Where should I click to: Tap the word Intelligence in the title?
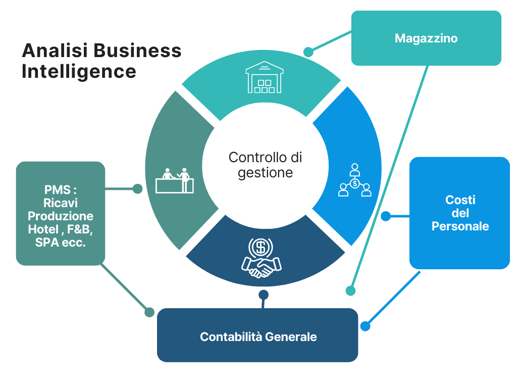[x=79, y=71]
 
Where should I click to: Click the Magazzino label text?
[x=426, y=38]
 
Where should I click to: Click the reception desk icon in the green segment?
[x=175, y=180]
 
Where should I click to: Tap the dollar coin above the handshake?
[x=261, y=248]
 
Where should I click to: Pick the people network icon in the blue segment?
[x=355, y=180]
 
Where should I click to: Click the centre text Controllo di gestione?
[x=265, y=165]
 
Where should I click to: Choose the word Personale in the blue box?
[x=460, y=226]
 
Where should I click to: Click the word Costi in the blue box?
[x=460, y=200]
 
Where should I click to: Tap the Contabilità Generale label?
[x=258, y=337]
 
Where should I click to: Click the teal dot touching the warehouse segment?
[x=308, y=52]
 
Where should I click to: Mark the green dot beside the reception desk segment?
[x=137, y=189]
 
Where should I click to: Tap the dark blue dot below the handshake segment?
[x=263, y=295]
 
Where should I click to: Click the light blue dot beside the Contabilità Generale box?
[x=365, y=326]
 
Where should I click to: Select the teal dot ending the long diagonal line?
[x=350, y=290]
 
